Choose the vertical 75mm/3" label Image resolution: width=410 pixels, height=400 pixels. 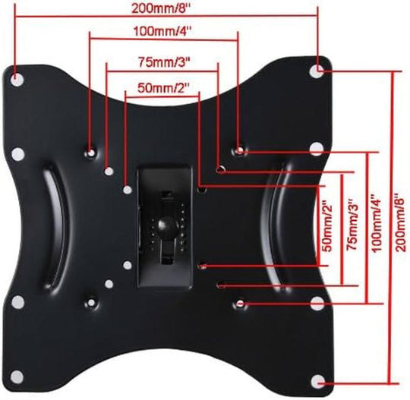[350, 226]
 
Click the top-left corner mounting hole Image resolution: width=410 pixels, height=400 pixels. [17, 75]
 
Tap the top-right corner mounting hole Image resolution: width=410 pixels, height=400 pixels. [317, 69]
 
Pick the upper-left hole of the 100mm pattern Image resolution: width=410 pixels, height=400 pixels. [91, 151]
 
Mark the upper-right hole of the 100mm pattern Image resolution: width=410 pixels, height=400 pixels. [240, 151]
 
